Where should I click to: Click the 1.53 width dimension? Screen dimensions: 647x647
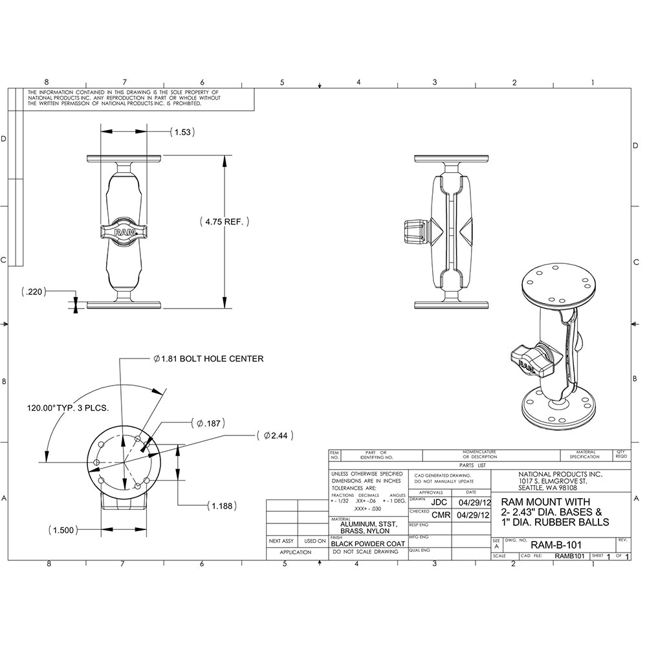click(182, 132)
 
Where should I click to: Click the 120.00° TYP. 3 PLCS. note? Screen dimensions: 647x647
click(67, 408)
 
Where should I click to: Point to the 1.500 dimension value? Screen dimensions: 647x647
click(63, 529)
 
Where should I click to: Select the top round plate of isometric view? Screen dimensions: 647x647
click(554, 286)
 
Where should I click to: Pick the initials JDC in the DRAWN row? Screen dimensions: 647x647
click(439, 501)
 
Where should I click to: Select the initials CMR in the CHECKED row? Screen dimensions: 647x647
click(441, 515)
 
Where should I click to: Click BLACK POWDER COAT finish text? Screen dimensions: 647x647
click(367, 544)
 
